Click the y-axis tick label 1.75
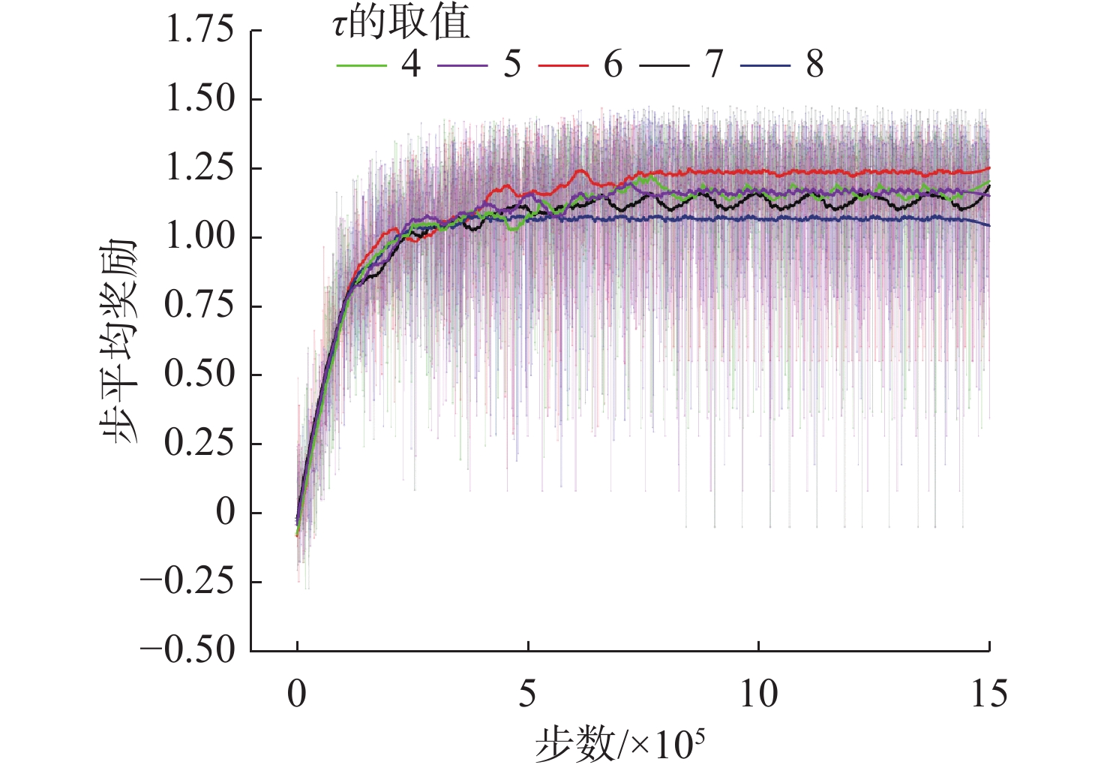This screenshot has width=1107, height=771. pos(199,31)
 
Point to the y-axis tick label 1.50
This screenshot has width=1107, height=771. pos(199,99)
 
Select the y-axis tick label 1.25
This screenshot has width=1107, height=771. pos(199,168)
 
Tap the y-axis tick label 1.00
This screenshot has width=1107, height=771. pos(199,237)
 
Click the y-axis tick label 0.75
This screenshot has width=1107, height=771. pos(199,306)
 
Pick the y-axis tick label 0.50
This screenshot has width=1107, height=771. pos(199,375)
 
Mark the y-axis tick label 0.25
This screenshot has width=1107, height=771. pos(199,443)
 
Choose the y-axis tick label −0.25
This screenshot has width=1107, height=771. pos(187,581)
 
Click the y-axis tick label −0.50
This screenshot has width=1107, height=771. pos(187,650)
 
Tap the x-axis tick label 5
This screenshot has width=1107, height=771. pos(528,694)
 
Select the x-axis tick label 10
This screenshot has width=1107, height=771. pos(758,694)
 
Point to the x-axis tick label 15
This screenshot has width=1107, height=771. pos(988,694)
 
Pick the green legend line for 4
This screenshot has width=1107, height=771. pos(361,66)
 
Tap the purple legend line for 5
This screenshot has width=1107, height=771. pos(462,66)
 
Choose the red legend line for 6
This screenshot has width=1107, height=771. pos(563,66)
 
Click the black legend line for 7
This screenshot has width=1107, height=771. pos(664,66)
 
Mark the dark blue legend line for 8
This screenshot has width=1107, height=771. pos(765,66)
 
